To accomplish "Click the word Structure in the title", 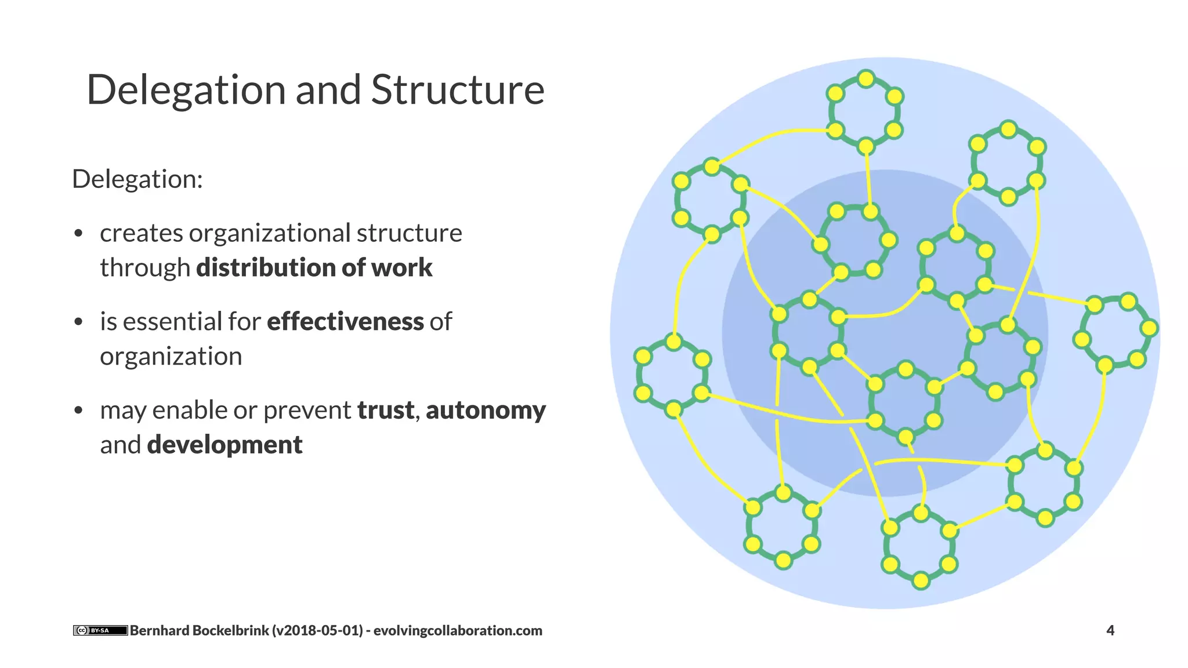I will click(x=457, y=90).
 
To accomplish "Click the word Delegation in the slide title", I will click(x=186, y=90).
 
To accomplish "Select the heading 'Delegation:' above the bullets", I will click(x=137, y=179).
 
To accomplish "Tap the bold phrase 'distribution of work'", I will click(x=314, y=267).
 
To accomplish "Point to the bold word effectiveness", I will click(x=345, y=321).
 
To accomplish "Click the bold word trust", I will click(x=385, y=410).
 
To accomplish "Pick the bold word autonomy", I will click(x=486, y=410).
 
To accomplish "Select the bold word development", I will click(x=224, y=445).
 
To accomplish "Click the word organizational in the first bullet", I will click(x=270, y=233).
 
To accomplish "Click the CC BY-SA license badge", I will click(x=100, y=630).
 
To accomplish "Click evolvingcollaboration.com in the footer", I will click(x=457, y=630).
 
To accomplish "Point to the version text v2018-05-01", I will click(x=319, y=630).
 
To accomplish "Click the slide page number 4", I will click(x=1110, y=630).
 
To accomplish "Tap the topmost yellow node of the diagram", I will click(x=865, y=79).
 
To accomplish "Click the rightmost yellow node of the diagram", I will click(x=1149, y=328).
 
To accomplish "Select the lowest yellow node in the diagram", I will click(x=921, y=580).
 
